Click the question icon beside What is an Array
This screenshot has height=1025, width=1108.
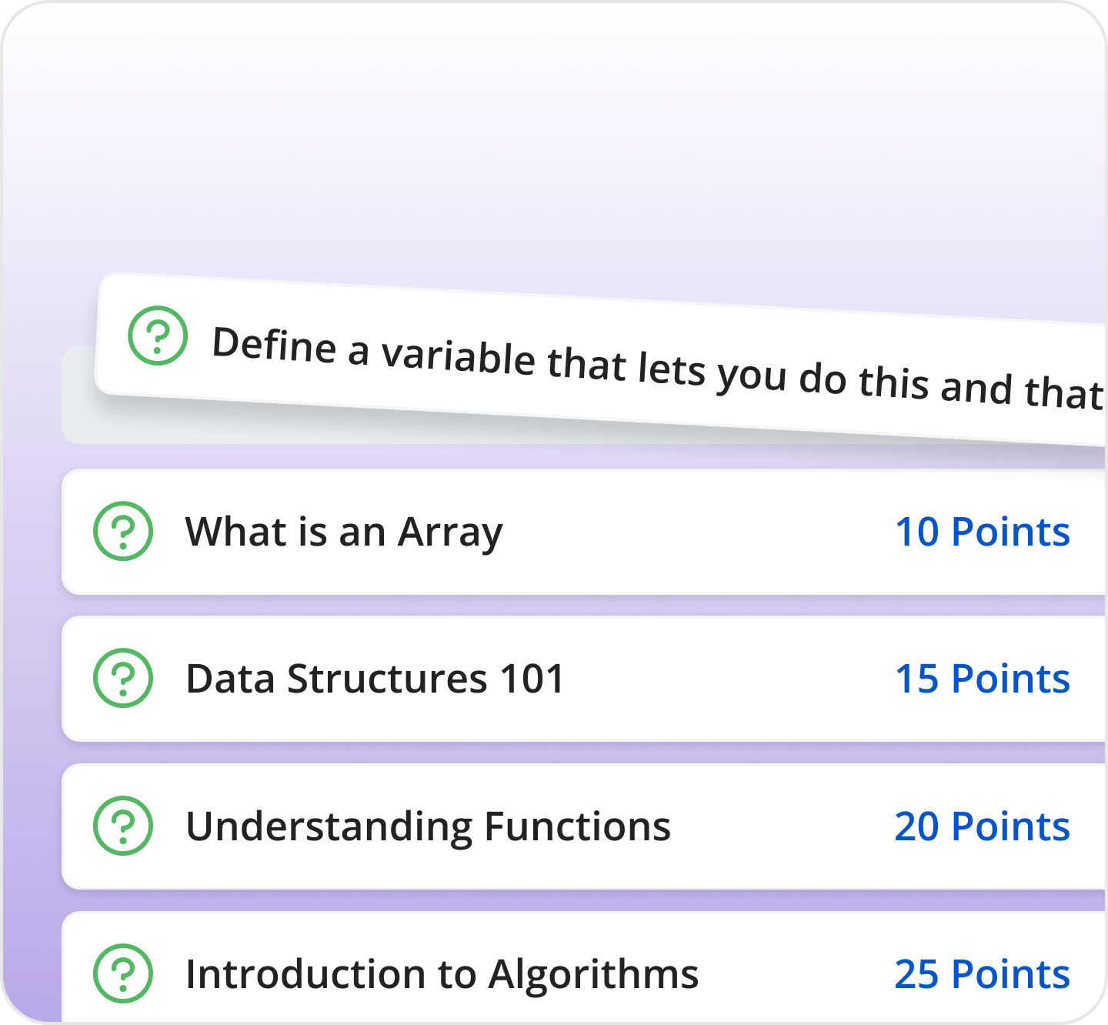(x=123, y=531)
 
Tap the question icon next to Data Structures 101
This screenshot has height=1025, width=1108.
(x=123, y=678)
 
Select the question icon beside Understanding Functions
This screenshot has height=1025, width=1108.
(x=123, y=826)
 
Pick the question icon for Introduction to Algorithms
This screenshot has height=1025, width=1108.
(x=123, y=973)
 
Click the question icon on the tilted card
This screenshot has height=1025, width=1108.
(x=158, y=336)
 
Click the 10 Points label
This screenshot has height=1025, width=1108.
(x=983, y=532)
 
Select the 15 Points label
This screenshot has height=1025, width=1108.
(x=983, y=679)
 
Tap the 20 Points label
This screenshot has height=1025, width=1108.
(x=983, y=826)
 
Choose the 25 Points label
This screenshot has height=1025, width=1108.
(x=983, y=974)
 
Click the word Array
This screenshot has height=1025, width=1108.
(x=450, y=533)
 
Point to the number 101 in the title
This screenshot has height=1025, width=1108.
(x=532, y=679)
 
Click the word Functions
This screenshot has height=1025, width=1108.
(x=577, y=826)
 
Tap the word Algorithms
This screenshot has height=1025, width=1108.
(x=593, y=975)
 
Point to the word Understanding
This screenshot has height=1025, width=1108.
(x=329, y=827)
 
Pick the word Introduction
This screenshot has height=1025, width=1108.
(x=305, y=974)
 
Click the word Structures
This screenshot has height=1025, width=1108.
(x=387, y=679)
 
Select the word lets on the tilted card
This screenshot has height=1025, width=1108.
(x=671, y=369)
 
